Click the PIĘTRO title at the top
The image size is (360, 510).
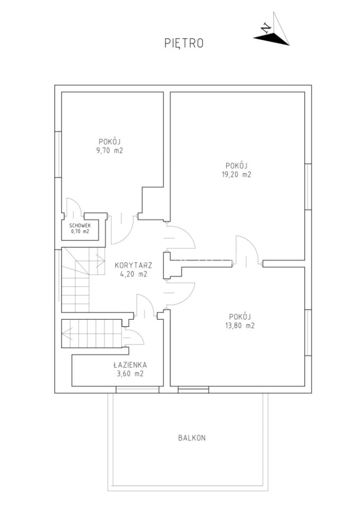pyautogui.click(x=184, y=43)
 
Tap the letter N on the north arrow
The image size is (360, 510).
pyautogui.click(x=267, y=29)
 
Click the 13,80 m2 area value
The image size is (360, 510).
pyautogui.click(x=239, y=326)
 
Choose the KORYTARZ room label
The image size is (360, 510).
pyautogui.click(x=133, y=266)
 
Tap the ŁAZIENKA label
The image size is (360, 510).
pyautogui.click(x=130, y=365)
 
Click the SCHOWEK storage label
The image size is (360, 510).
pyautogui.click(x=80, y=225)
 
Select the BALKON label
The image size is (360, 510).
pyautogui.click(x=192, y=438)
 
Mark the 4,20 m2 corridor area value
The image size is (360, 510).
pyautogui.click(x=134, y=274)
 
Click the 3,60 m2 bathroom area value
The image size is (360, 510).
pyautogui.click(x=130, y=373)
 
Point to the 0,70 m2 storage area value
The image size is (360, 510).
pyautogui.click(x=80, y=232)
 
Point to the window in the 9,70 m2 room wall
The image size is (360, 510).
pyautogui.click(x=58, y=154)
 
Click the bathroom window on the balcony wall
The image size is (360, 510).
pyautogui.click(x=138, y=389)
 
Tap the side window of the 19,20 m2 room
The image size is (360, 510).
pyautogui.click(x=308, y=186)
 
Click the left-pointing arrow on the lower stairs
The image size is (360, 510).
pyautogui.click(x=67, y=333)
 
